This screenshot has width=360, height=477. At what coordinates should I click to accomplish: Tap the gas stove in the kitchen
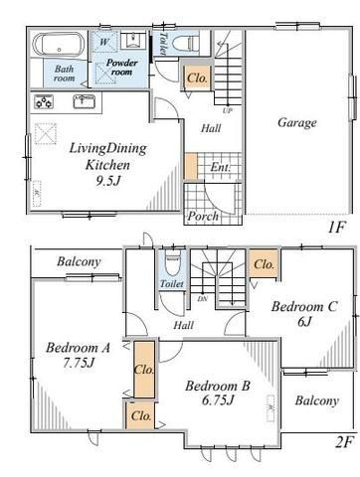pyautogui.click(x=44, y=101)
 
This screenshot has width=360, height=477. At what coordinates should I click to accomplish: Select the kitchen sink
pyautogui.click(x=85, y=101)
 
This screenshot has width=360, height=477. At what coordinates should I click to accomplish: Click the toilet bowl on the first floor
pyautogui.click(x=186, y=43)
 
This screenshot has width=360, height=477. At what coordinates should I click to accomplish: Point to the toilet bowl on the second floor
pyautogui.click(x=173, y=264)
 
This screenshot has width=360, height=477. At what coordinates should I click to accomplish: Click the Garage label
pyautogui.click(x=296, y=122)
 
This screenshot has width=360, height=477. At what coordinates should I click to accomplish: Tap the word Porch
pyautogui.click(x=203, y=217)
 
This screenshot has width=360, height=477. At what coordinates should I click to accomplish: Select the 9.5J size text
pyautogui.click(x=108, y=181)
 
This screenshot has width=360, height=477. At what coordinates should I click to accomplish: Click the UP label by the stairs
pyautogui.click(x=227, y=110)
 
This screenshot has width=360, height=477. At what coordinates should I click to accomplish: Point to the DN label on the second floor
pyautogui.click(x=202, y=299)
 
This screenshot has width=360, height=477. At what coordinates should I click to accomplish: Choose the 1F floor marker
pyautogui.click(x=336, y=228)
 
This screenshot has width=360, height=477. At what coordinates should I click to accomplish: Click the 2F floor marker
pyautogui.click(x=344, y=441)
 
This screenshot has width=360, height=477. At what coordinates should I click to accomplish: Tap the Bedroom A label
pyautogui.click(x=78, y=348)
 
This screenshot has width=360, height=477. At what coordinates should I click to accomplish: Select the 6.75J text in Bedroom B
pyautogui.click(x=218, y=400)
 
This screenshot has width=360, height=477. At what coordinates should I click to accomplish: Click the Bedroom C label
pyautogui.click(x=304, y=306)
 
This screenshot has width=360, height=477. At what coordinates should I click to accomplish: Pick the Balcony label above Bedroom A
pyautogui.click(x=79, y=261)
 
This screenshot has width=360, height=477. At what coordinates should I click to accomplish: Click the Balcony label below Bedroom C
pyautogui.click(x=316, y=400)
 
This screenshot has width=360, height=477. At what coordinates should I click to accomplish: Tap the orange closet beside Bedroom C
pyautogui.click(x=264, y=263)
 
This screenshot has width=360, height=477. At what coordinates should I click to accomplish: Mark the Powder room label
pyautogui.click(x=121, y=68)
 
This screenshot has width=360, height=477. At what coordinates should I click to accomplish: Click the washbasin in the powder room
pyautogui.click(x=133, y=41)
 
